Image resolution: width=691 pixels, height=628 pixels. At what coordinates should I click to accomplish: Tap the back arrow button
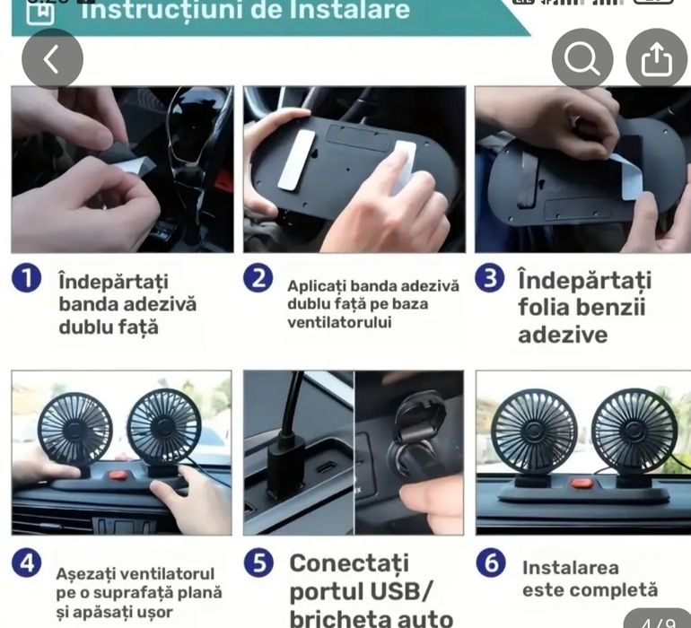click(52, 59)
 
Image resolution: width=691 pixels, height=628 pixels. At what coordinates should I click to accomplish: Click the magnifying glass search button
click(582, 59)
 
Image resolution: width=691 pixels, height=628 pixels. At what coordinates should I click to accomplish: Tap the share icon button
click(656, 59)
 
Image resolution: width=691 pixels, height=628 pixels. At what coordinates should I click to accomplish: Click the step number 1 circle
click(27, 279)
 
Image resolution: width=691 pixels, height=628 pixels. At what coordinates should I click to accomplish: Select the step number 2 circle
click(258, 279)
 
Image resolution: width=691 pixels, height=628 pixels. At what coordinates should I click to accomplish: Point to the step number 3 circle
click(490, 279)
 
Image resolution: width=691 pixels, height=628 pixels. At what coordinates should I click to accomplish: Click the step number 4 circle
click(27, 563)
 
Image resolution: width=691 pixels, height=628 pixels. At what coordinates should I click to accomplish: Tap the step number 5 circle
click(258, 563)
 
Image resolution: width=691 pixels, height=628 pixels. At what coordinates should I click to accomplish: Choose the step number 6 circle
click(490, 563)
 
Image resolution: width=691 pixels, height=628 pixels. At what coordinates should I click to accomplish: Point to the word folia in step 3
click(542, 308)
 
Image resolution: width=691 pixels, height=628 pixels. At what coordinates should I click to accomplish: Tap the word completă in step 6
click(618, 590)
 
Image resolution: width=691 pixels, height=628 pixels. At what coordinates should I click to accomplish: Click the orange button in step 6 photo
click(582, 484)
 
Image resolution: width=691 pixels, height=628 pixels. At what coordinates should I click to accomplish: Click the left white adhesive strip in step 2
click(296, 160)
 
